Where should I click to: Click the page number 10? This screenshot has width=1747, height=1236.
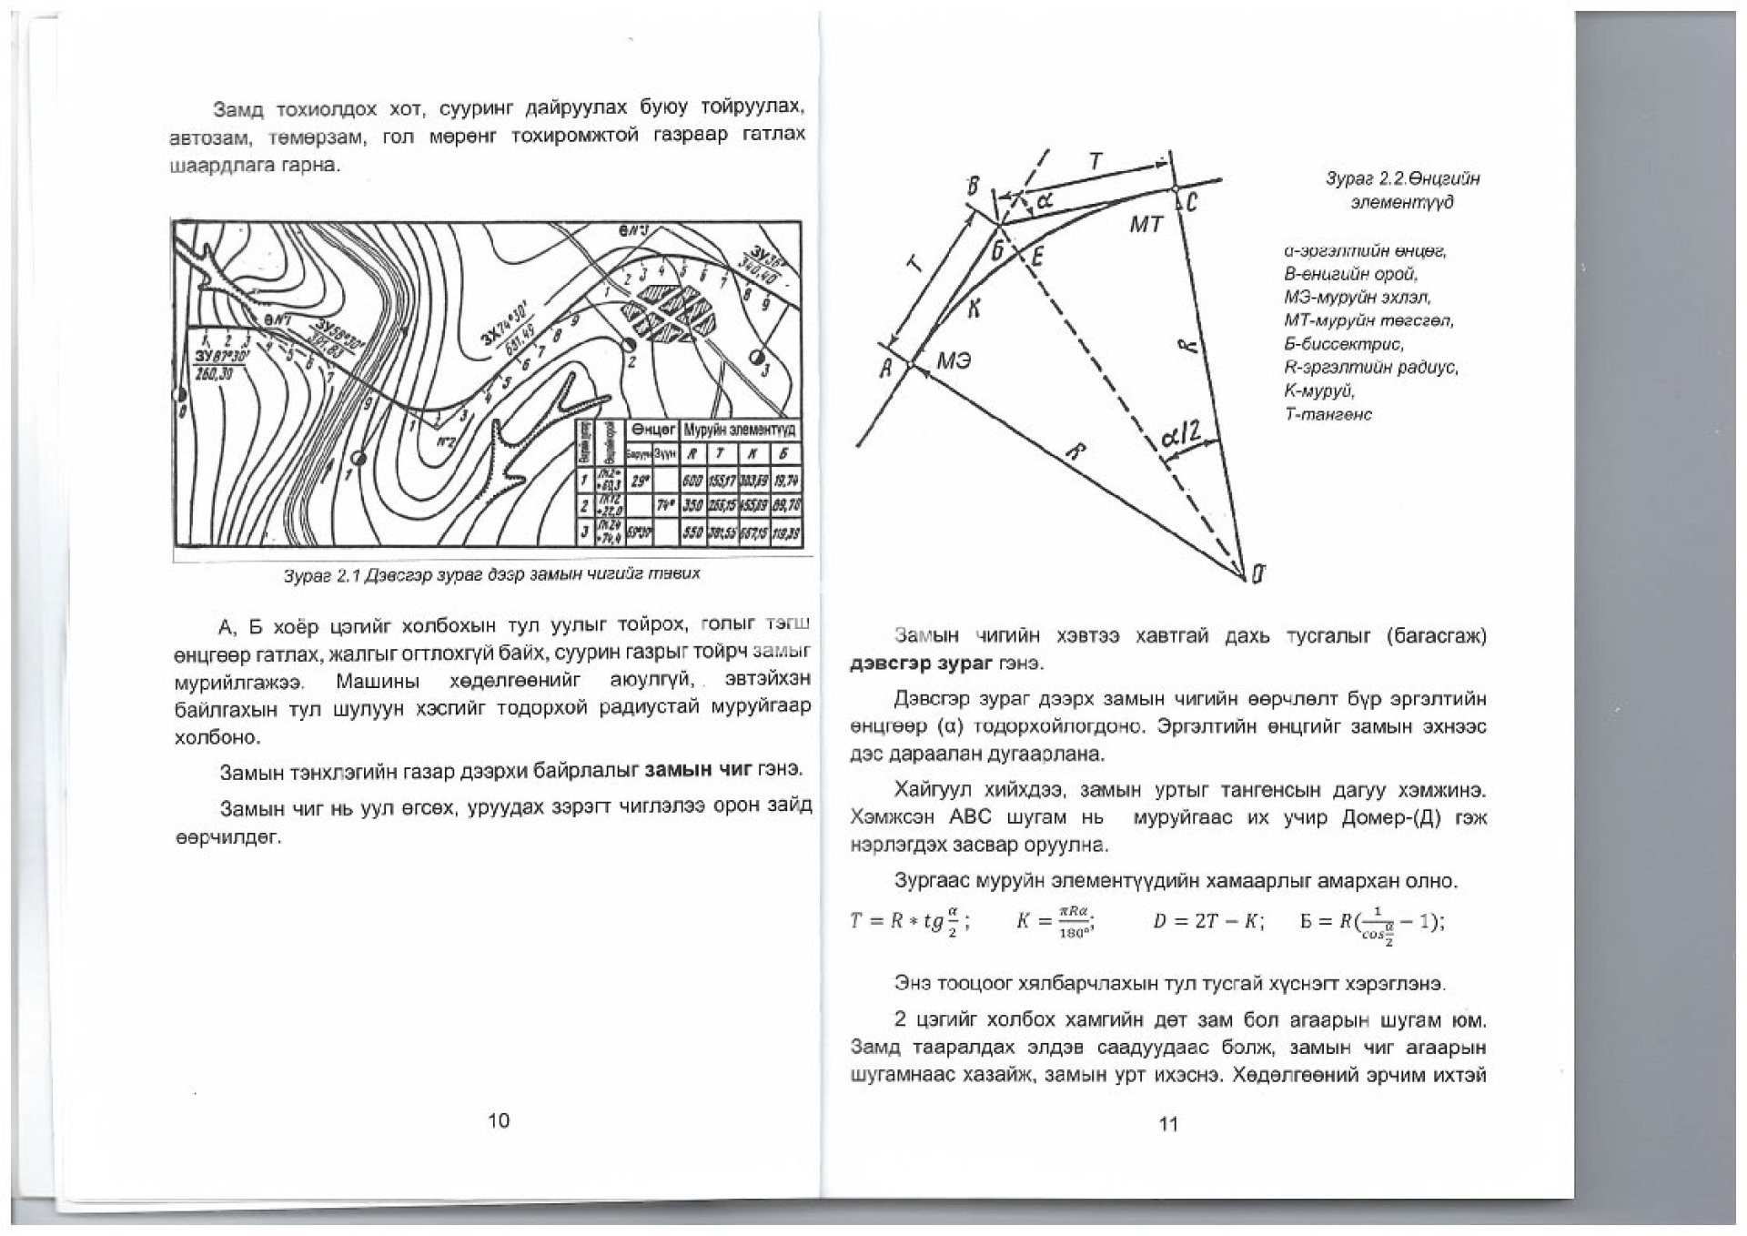click(x=499, y=1120)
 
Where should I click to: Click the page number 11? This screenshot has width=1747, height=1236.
click(x=1168, y=1124)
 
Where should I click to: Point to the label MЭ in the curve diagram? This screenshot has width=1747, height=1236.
click(x=954, y=361)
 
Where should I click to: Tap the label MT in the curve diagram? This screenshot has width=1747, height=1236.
click(x=1146, y=223)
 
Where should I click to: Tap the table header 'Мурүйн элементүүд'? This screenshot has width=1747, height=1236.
click(x=739, y=429)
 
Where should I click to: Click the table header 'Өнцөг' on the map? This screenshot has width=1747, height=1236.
click(x=651, y=429)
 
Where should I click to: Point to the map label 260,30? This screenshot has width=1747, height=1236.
click(x=215, y=374)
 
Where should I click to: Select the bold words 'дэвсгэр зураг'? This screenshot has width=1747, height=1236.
click(x=918, y=664)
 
